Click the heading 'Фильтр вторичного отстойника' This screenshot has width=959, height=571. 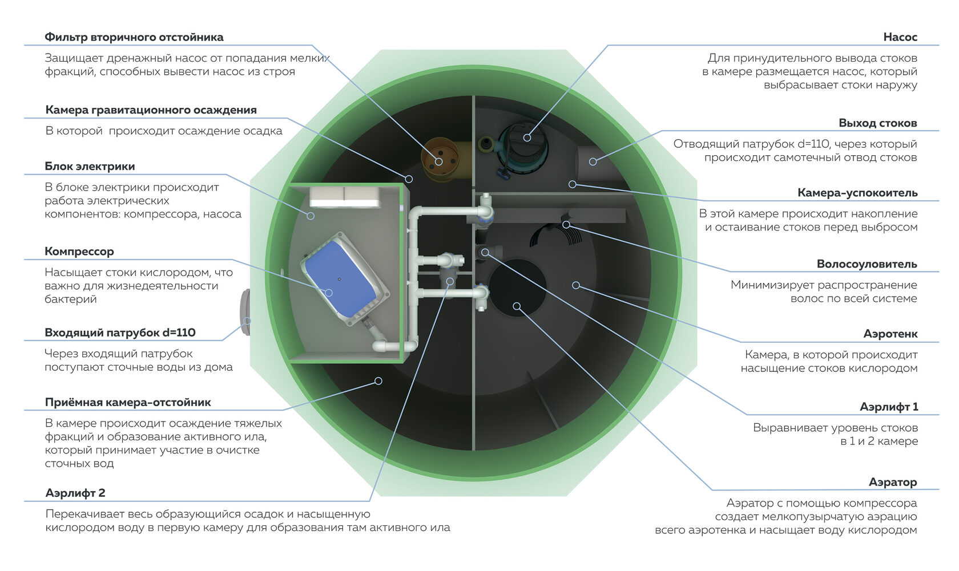[134, 37]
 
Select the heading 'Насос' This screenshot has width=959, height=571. [900, 37]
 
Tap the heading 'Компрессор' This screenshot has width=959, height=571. [79, 252]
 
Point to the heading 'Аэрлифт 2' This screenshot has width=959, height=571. [75, 493]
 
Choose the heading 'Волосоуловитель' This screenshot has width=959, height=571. [867, 264]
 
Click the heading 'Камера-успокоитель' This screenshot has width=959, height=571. [857, 193]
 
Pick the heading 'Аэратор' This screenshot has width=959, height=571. [893, 482]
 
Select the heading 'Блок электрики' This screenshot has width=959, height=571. [90, 167]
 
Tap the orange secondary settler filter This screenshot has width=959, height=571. [441, 159]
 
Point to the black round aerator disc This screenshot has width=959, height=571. [517, 287]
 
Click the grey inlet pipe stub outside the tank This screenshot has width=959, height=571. [245, 312]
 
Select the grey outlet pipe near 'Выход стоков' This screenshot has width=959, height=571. [593, 163]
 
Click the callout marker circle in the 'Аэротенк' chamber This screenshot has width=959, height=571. [577, 285]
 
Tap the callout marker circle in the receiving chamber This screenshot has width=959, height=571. [378, 381]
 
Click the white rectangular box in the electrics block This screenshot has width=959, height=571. [345, 197]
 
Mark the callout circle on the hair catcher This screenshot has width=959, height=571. [566, 225]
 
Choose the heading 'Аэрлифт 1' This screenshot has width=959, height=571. [889, 407]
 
